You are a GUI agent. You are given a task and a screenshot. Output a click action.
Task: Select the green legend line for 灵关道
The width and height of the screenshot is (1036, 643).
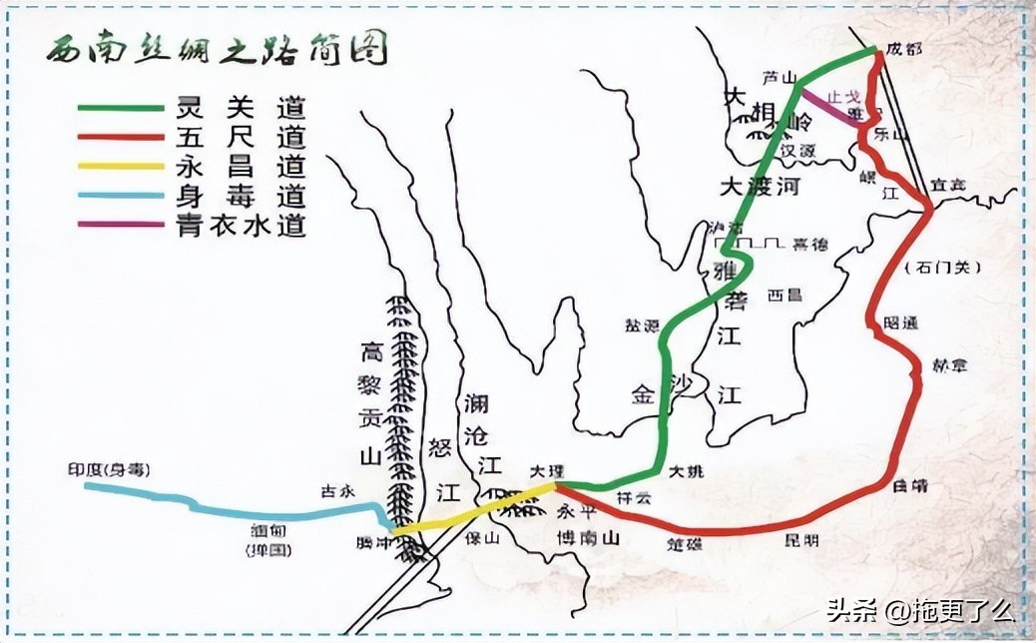[x=122, y=107]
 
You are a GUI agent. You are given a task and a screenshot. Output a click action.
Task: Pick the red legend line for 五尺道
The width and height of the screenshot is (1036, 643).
[x=122, y=136]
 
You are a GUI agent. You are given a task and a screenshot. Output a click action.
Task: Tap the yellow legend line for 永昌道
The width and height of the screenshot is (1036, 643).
[x=122, y=165]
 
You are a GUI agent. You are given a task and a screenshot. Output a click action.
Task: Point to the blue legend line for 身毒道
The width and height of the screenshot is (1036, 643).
[x=122, y=195]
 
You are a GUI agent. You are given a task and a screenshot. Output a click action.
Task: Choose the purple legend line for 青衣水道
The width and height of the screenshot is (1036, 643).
[x=122, y=224]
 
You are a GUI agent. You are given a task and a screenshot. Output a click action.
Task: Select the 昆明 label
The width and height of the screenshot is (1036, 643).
[x=803, y=541]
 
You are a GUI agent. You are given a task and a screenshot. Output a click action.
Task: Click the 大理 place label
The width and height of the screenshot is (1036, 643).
[x=547, y=469]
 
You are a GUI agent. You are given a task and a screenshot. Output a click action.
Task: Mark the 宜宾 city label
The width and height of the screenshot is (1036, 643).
[x=949, y=185]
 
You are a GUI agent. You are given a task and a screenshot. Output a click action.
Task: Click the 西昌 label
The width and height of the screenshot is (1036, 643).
[x=778, y=296]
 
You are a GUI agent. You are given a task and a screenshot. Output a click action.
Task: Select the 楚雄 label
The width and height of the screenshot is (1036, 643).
[x=686, y=544]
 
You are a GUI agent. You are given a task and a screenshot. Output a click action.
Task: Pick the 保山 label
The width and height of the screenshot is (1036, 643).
[x=481, y=538]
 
